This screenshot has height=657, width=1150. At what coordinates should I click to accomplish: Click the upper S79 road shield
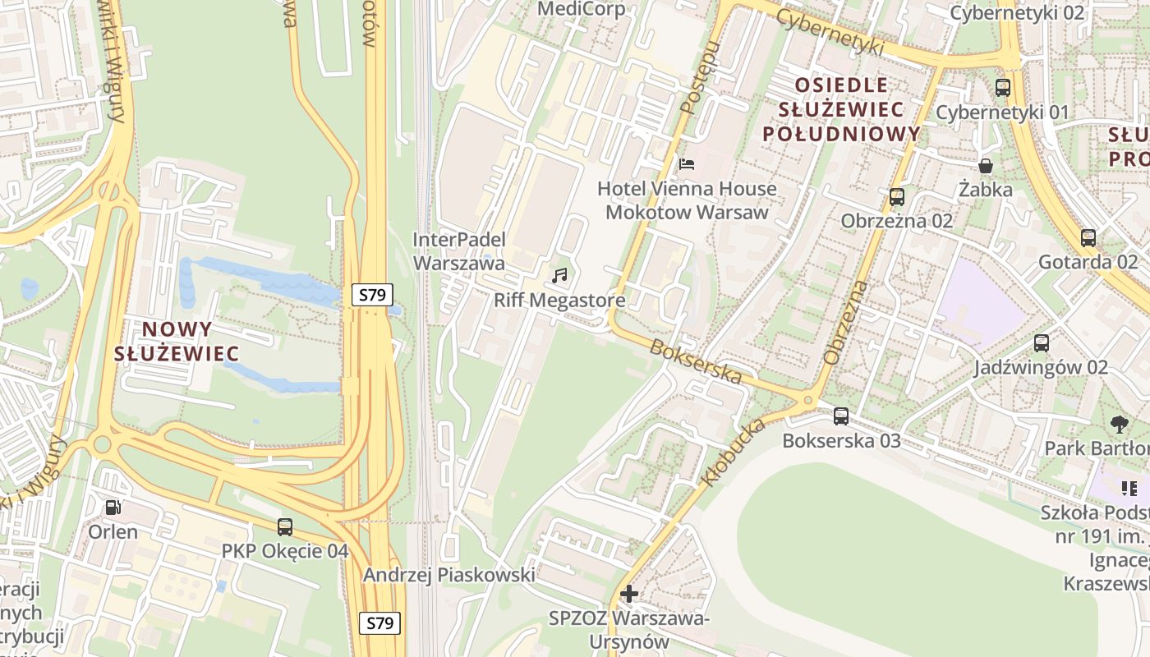tap(372, 295)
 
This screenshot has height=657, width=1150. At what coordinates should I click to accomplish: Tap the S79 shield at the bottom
tap(379, 623)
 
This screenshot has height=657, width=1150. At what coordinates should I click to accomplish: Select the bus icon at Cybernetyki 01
tap(1002, 88)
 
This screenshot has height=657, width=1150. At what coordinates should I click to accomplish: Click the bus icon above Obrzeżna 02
tap(896, 197)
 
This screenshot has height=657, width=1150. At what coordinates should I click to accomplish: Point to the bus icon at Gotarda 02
tap(1088, 238)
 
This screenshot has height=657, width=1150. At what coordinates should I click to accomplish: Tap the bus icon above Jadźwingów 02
tap(1041, 343)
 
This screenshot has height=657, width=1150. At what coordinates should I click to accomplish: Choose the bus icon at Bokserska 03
tap(840, 416)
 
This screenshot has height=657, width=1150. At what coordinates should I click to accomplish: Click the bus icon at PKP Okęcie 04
tap(285, 527)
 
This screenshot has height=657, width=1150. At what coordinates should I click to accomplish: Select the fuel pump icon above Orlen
tap(113, 508)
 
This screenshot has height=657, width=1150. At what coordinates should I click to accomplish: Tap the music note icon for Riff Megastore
tap(559, 276)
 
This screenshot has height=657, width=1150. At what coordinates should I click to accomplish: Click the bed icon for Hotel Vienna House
tap(687, 164)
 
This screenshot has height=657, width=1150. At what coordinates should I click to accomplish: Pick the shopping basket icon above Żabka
tap(985, 166)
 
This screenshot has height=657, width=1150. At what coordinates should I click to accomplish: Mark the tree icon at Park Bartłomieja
tap(1118, 425)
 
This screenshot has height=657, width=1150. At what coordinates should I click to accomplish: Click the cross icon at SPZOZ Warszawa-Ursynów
tap(629, 593)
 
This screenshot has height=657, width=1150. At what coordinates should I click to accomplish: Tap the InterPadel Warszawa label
tap(458, 251)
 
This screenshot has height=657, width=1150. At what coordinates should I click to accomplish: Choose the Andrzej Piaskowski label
tap(449, 575)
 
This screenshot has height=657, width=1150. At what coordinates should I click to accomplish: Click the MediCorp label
tap(581, 9)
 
